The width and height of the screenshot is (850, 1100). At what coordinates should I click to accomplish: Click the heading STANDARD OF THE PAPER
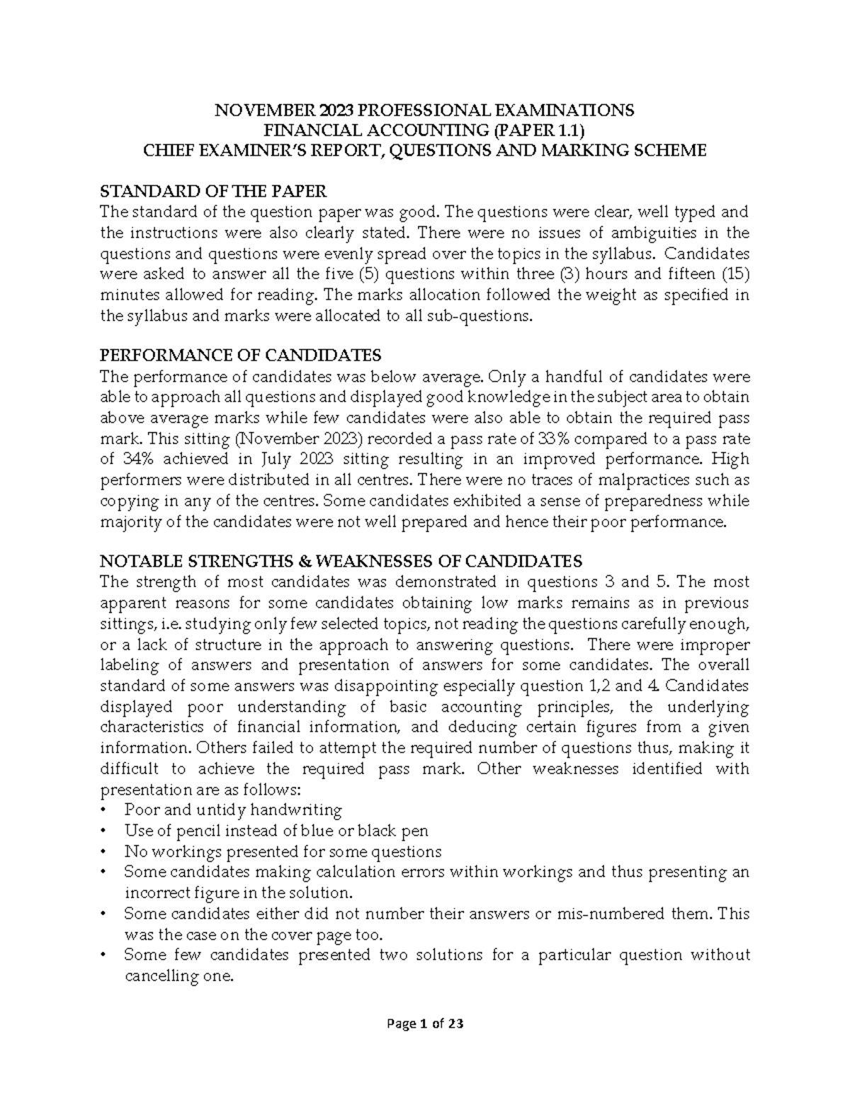tap(213, 191)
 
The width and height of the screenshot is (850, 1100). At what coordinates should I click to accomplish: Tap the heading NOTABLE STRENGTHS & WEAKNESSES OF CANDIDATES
tap(341, 561)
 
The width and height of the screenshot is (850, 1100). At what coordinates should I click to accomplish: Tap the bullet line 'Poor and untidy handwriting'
tap(232, 810)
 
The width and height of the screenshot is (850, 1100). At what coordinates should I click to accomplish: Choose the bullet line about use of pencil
tap(276, 830)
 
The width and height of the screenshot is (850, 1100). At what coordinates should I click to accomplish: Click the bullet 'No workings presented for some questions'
tap(283, 851)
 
